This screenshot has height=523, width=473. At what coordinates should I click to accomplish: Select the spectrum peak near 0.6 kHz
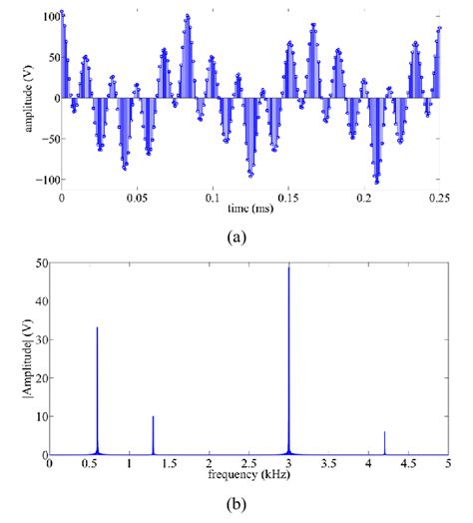(97, 328)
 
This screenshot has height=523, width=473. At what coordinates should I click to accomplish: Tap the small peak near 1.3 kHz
(153, 417)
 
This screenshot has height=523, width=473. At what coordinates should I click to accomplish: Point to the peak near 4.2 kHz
(384, 432)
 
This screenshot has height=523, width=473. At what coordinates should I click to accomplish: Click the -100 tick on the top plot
(43, 181)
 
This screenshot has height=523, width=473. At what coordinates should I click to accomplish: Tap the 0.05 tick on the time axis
(136, 198)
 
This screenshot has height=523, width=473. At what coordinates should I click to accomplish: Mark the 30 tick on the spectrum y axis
(38, 339)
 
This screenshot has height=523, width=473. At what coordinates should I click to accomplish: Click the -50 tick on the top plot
(45, 140)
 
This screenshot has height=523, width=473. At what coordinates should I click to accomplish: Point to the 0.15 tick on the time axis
(286, 198)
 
